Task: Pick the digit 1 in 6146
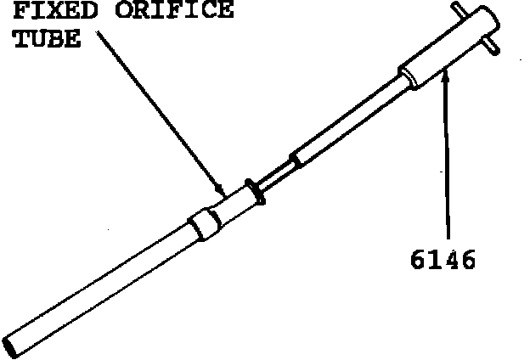(x=431, y=258)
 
